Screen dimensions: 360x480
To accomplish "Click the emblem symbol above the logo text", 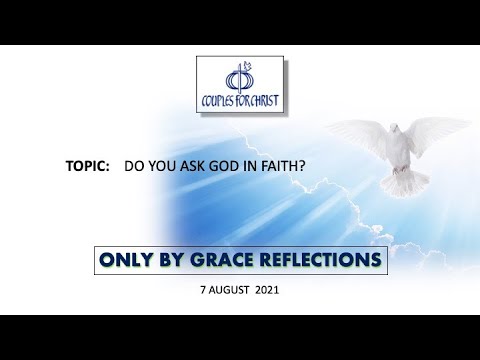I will click(235, 78).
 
